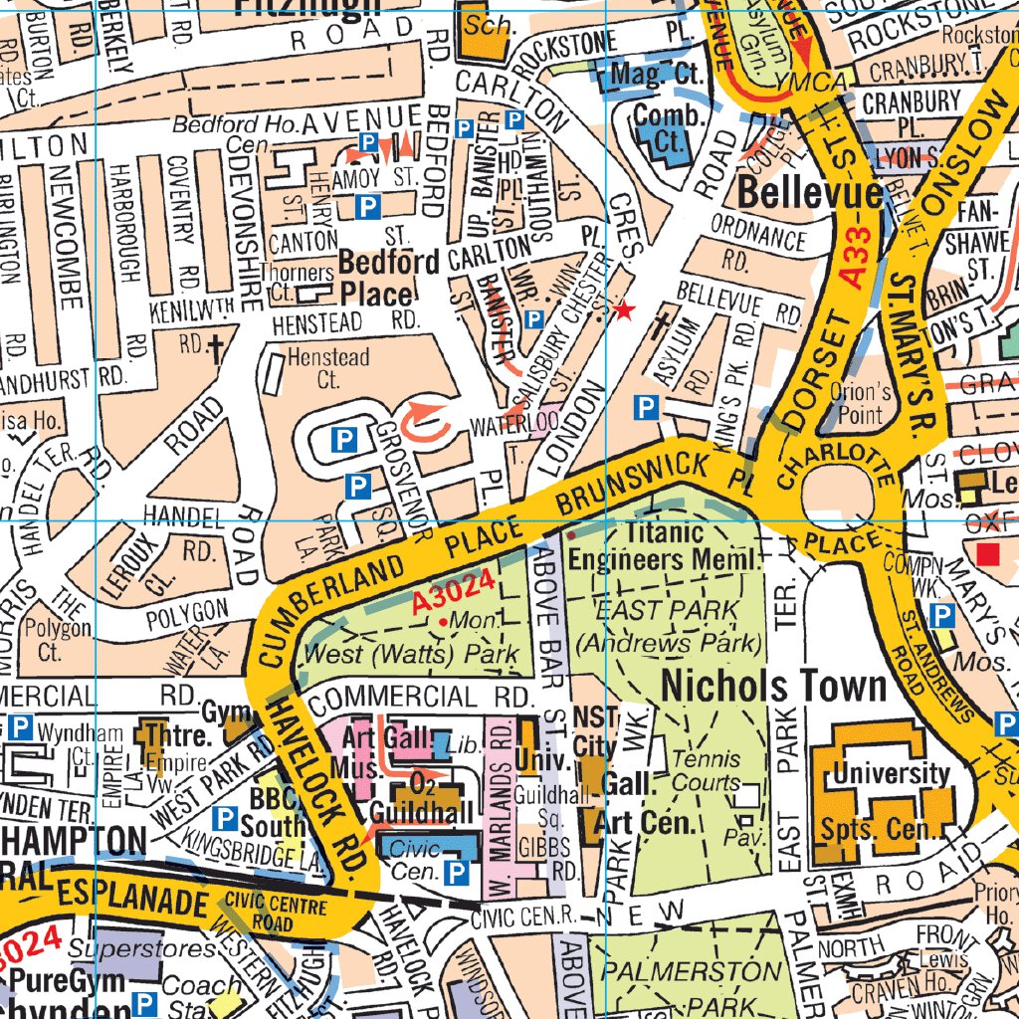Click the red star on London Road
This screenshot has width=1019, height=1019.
tap(624, 311)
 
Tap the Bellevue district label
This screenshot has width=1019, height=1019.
tap(810, 193)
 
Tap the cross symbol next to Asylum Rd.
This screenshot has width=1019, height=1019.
tap(661, 325)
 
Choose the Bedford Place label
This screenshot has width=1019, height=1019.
tap(375, 278)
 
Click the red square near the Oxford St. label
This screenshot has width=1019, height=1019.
tap(987, 552)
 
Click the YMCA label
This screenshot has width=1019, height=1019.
tap(822, 79)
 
